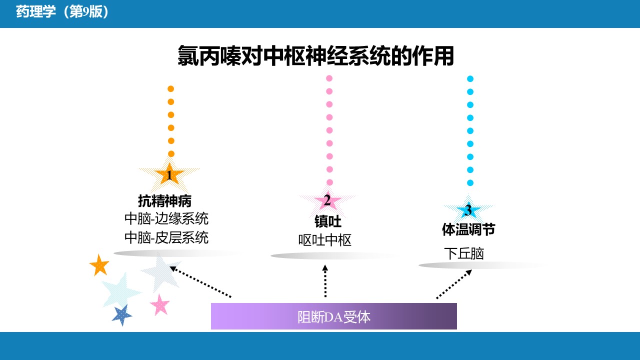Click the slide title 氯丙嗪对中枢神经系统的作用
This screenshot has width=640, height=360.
[315, 55]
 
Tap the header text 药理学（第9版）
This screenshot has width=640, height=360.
[62, 12]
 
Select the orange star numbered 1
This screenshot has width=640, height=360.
[169, 174]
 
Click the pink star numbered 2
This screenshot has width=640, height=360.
[327, 200]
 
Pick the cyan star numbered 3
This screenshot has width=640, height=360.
[468, 210]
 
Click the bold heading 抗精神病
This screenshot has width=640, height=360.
[165, 201]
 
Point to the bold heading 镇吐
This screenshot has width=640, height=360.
[328, 221]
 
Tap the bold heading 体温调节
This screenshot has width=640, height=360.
[468, 229]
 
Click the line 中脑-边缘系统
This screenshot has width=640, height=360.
[166, 219]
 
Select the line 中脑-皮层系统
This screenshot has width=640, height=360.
[166, 237]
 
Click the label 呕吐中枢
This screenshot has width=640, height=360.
[325, 240]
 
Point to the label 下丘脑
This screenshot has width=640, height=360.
[464, 253]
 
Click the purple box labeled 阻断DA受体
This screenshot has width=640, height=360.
[333, 316]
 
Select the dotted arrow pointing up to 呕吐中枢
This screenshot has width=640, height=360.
[325, 281]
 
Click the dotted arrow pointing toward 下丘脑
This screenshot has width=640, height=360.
[454, 284]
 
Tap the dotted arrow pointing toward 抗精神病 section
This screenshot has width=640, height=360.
[200, 281]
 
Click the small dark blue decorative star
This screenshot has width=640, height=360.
[122, 314]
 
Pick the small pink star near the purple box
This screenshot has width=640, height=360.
[160, 304]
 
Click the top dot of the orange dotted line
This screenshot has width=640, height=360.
[171, 89]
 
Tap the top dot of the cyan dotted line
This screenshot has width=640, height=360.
[470, 79]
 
